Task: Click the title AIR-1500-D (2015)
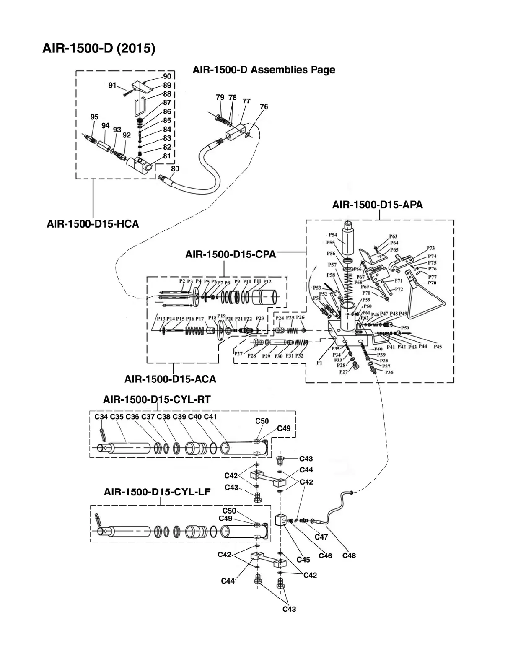pyautogui.click(x=99, y=49)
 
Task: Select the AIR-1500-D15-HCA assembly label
pyautogui.click(x=93, y=224)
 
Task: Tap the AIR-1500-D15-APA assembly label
pyautogui.click(x=377, y=205)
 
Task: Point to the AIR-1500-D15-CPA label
pyautogui.click(x=231, y=254)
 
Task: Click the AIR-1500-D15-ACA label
pyautogui.click(x=170, y=379)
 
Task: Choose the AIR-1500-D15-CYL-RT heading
pyautogui.click(x=157, y=400)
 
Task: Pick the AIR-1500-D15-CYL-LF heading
pyautogui.click(x=157, y=492)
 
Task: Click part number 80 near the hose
pyautogui.click(x=175, y=169)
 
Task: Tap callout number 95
pyautogui.click(x=94, y=117)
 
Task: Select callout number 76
pyautogui.click(x=264, y=107)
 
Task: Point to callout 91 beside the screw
pyautogui.click(x=112, y=86)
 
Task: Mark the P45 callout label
pyautogui.click(x=438, y=347)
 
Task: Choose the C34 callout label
pyautogui.click(x=101, y=417)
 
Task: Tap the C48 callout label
pyautogui.click(x=349, y=555)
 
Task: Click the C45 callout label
pyautogui.click(x=303, y=560)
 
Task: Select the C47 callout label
pyautogui.click(x=321, y=537)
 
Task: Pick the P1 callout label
pyautogui.click(x=319, y=363)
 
